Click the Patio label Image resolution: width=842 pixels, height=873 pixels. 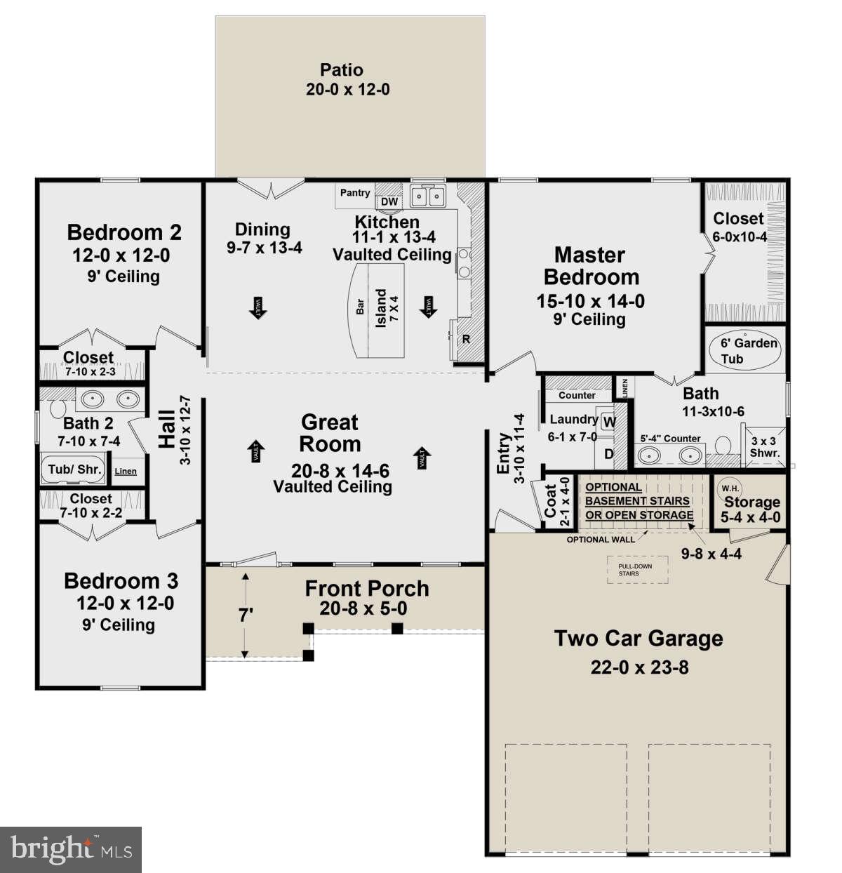point(342,70)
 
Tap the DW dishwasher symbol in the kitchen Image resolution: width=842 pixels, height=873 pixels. point(389,201)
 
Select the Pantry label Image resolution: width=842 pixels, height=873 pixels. point(355,193)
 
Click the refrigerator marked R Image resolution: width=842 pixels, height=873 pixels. point(466,340)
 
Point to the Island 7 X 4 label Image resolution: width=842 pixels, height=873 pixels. point(387,308)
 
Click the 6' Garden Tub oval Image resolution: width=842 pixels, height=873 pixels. point(749,351)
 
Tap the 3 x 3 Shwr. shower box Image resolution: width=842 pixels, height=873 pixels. point(765,447)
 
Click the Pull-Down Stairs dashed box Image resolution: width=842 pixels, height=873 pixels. point(637,570)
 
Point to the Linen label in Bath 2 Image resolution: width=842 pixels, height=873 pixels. point(126,471)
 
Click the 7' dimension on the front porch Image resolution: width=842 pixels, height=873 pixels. point(245,615)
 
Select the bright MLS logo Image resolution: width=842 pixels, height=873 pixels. point(71,850)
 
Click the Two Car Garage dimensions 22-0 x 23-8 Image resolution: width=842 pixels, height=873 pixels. point(639,667)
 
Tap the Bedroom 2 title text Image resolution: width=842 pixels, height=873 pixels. point(124,232)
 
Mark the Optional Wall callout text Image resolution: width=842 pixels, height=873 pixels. point(601,540)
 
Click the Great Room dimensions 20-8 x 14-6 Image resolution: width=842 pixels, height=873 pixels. point(340,471)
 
